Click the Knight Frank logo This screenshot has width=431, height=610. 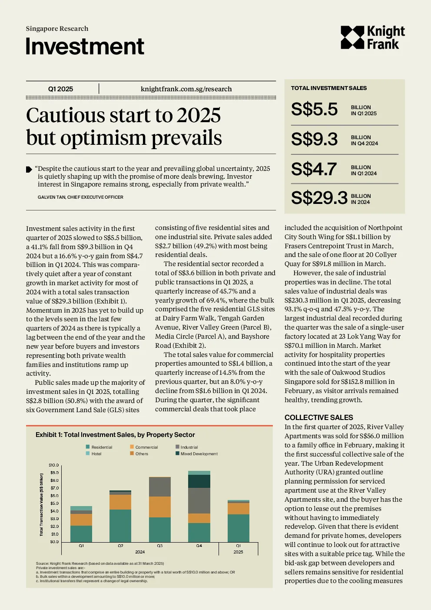(372, 37)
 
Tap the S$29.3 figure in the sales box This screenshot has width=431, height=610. (319, 198)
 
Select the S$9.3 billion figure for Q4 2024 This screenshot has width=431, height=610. (314, 139)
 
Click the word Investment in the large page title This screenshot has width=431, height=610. (85, 46)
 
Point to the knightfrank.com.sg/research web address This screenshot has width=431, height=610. (186, 89)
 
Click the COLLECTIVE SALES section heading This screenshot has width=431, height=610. (318, 417)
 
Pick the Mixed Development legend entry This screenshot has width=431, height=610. (196, 453)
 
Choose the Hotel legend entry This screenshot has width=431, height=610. (93, 453)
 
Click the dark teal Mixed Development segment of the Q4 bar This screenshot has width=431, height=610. (199, 481)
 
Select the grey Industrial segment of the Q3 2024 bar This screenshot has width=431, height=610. (160, 487)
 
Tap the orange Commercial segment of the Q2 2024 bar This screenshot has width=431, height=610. (120, 502)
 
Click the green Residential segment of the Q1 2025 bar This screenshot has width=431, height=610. (239, 528)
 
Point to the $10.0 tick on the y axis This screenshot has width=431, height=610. (53, 465)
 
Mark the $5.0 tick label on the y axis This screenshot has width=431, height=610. (54, 503)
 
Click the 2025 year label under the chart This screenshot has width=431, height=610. (238, 552)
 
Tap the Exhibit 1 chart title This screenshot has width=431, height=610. (115, 435)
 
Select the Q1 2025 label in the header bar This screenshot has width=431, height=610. (60, 89)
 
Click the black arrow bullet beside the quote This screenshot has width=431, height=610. (29, 170)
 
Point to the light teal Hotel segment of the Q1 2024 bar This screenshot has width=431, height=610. (81, 508)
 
